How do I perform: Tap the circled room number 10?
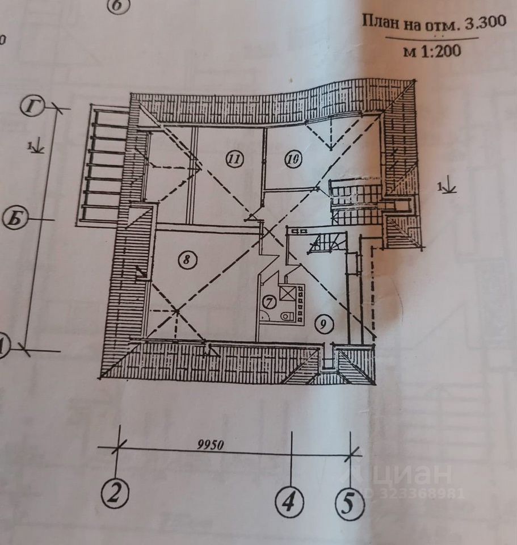pos(293,160)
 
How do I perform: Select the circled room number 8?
pos(186,260)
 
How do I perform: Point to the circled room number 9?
pos(323,324)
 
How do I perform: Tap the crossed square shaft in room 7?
pos(295,294)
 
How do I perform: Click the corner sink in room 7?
pos(265,315)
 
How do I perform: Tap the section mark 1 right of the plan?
pos(446,185)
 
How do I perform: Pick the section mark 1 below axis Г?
pos(36,146)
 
